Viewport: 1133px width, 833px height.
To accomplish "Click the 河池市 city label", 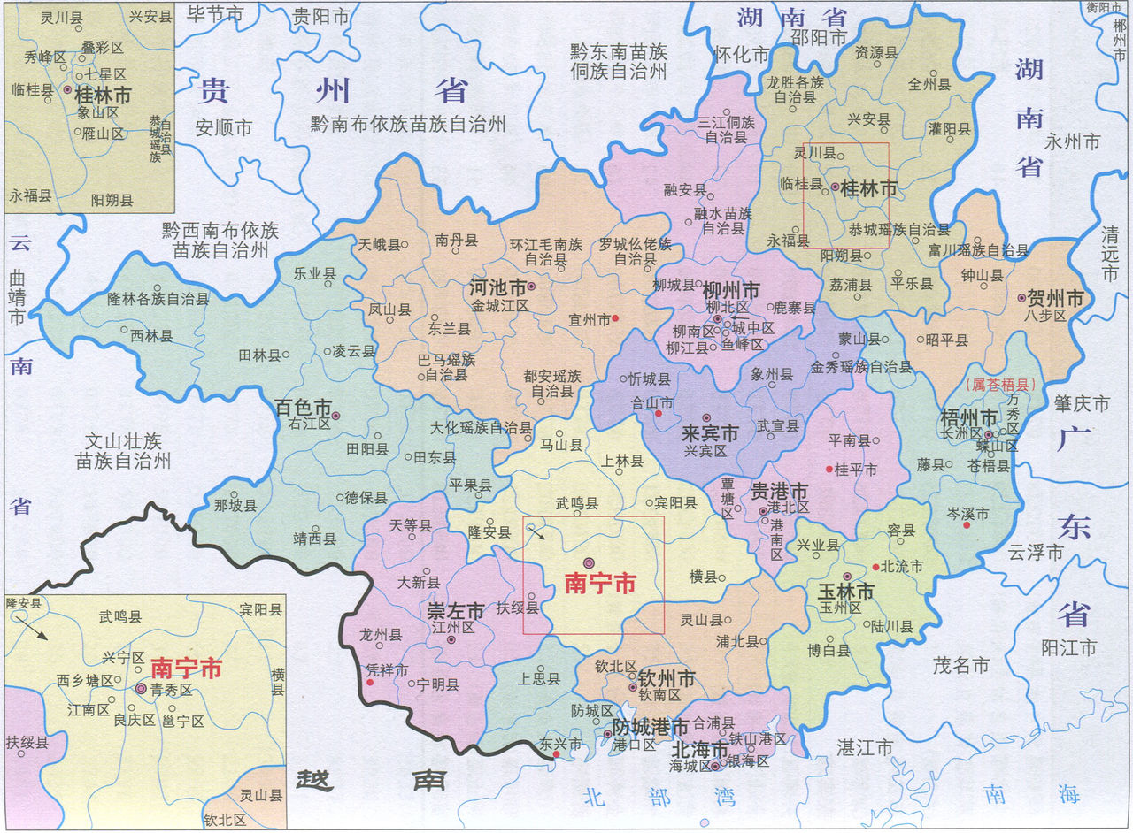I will click(x=492, y=287).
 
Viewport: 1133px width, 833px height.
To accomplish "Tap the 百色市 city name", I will click(x=302, y=408).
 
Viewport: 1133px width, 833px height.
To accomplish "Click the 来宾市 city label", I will click(x=710, y=434).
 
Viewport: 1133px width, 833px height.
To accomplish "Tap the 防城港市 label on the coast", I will click(x=651, y=728).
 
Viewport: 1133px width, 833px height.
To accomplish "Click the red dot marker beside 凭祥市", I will click(x=370, y=683).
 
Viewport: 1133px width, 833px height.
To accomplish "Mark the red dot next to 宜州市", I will click(x=615, y=318).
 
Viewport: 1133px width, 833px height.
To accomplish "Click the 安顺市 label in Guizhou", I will click(x=225, y=127).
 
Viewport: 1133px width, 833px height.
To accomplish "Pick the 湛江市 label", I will click(x=865, y=748).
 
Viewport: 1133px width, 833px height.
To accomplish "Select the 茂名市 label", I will click(x=960, y=666).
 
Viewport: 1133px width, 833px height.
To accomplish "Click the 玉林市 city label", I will click(x=845, y=592).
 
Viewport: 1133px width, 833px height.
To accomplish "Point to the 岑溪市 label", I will click(x=967, y=512).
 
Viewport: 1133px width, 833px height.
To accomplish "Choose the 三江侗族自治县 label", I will click(x=728, y=129).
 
